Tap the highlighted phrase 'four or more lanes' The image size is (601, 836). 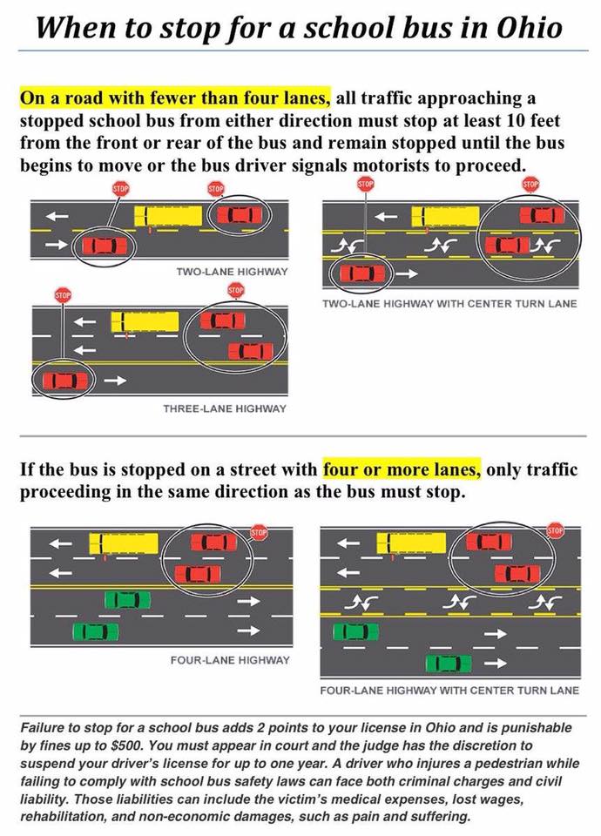(x=402, y=469)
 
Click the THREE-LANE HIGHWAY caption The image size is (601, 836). (x=225, y=408)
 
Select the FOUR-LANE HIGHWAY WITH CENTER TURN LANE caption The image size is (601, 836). (x=449, y=691)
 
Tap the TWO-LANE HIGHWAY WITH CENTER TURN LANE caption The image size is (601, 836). (x=449, y=304)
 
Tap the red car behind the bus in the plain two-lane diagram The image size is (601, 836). (x=239, y=215)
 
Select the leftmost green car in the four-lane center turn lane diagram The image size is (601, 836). (x=355, y=631)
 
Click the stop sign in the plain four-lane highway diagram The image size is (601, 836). (x=258, y=531)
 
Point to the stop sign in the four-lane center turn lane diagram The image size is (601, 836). (x=555, y=529)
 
